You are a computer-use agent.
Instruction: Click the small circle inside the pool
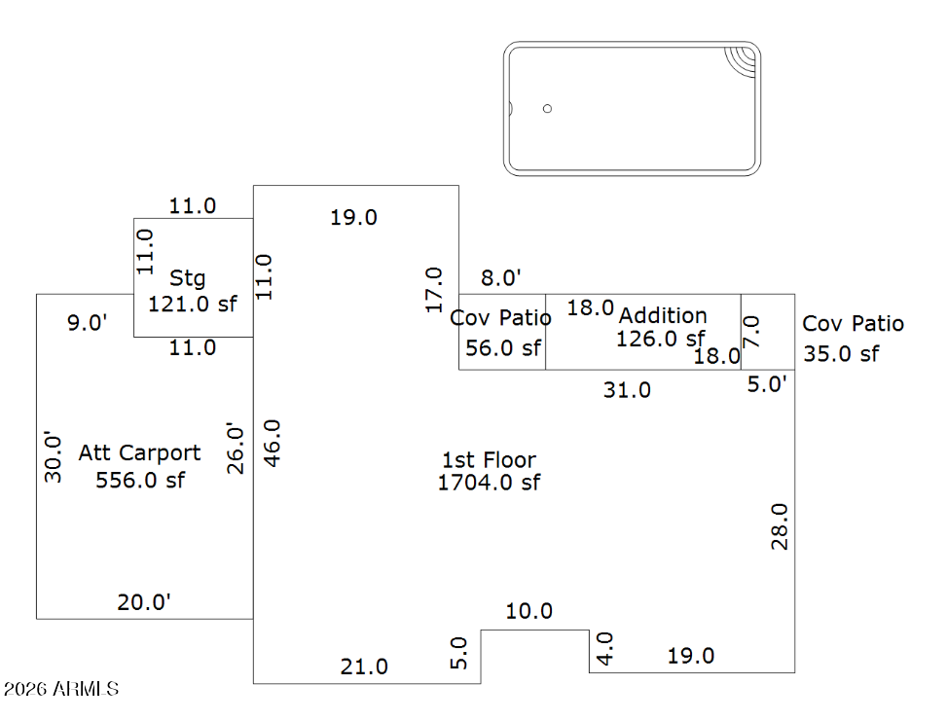(547, 108)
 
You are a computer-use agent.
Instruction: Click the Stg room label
(188, 278)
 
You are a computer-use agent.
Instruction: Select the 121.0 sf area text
(193, 304)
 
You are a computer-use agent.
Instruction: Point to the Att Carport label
(140, 452)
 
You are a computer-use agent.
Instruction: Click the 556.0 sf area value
(140, 480)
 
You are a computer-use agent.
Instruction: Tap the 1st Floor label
(489, 459)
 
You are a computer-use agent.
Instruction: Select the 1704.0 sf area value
(489, 482)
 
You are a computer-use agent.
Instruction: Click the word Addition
(663, 315)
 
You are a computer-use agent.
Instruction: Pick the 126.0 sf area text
(660, 339)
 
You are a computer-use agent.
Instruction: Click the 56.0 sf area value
(502, 347)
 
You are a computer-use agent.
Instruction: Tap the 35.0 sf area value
(841, 353)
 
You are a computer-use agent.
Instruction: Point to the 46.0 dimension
(273, 443)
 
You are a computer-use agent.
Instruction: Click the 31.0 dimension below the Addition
(627, 390)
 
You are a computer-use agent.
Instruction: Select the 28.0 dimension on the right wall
(780, 526)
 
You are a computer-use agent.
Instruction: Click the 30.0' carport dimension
(55, 457)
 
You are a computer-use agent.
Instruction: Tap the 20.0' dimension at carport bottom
(144, 602)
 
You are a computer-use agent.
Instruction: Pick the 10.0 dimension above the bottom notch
(528, 611)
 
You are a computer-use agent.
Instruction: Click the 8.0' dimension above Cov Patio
(501, 278)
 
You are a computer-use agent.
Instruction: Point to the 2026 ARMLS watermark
(60, 689)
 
